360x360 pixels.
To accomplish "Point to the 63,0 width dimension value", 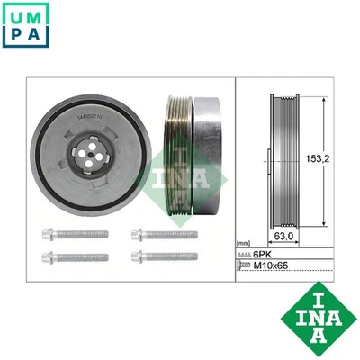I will (x=285, y=238).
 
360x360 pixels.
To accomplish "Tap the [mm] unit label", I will (x=243, y=244).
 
